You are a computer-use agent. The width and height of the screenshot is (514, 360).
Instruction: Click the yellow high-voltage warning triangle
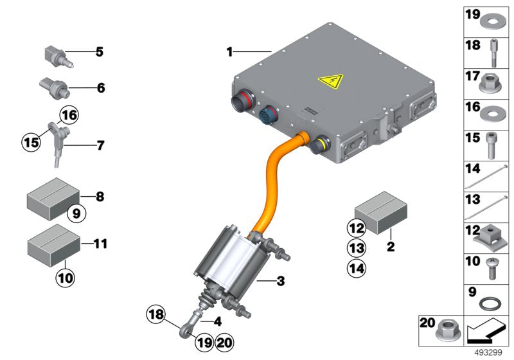point(330,82)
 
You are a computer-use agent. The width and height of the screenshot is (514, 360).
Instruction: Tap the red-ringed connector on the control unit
point(244,104)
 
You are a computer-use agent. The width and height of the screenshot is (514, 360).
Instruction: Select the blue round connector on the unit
point(269,118)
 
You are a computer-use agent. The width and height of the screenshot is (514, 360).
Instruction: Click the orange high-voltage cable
point(273,186)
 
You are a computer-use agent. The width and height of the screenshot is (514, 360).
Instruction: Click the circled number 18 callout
point(156,315)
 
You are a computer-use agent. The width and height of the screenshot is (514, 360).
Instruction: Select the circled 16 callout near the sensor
point(68,116)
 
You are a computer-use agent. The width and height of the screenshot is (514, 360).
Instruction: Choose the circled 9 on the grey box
point(75,213)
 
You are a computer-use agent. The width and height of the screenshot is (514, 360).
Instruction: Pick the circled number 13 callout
point(357,247)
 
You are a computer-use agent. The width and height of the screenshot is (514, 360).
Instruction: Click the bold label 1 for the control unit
point(229,51)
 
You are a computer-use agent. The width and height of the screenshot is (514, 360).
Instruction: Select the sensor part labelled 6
point(51,85)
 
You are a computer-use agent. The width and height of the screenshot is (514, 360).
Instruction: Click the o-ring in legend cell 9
point(492,303)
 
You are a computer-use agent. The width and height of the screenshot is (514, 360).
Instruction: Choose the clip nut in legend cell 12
point(492,237)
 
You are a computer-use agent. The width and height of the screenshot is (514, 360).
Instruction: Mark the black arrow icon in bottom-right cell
point(486,333)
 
